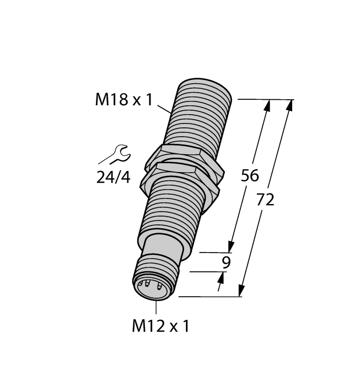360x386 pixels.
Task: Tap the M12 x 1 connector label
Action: [160, 326]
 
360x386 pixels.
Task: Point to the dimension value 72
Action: [265, 200]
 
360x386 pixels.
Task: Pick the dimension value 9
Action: [225, 262]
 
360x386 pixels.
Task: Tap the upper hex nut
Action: [179, 154]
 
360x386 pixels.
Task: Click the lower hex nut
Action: [182, 175]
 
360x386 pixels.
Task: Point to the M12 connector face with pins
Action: [152, 287]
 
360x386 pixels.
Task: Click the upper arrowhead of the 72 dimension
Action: [290, 105]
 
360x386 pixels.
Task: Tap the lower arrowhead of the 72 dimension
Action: [241, 291]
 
